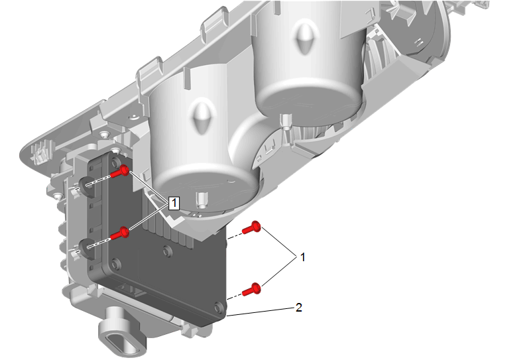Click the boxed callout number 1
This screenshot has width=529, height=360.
(x=174, y=203)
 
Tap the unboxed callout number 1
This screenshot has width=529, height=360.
(x=303, y=257)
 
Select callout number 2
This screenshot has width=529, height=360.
(x=298, y=308)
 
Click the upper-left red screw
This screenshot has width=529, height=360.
(x=120, y=172)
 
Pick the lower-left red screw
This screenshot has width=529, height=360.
(x=120, y=233)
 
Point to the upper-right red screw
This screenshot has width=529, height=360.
(x=252, y=228)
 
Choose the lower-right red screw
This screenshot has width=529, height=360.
(x=252, y=290)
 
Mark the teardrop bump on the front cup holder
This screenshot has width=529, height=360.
(x=202, y=116)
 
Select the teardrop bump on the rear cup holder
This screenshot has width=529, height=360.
(x=305, y=38)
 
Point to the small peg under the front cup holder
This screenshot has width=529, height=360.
(x=202, y=200)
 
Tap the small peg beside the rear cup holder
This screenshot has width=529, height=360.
(x=286, y=123)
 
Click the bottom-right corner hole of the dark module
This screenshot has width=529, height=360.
(x=219, y=308)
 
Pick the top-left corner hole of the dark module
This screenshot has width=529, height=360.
(x=115, y=162)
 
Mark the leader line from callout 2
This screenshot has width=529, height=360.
(x=260, y=312)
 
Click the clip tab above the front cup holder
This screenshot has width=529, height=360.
(x=150, y=75)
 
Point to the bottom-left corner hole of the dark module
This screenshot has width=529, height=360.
(x=117, y=263)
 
